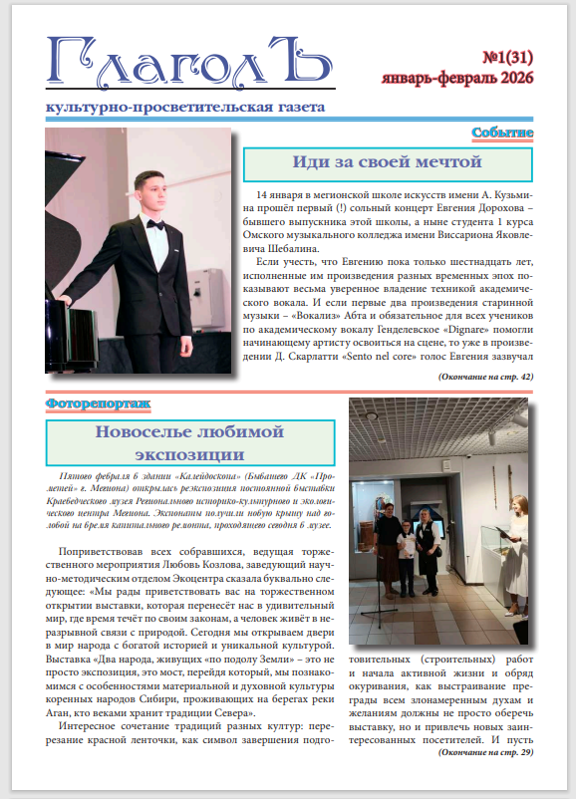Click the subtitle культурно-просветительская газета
click(178, 108)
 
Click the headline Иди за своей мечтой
click(388, 161)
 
